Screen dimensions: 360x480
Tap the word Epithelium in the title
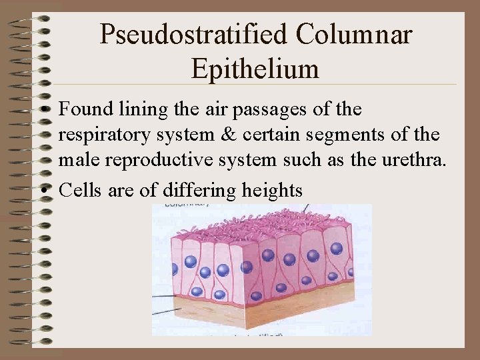[255, 68]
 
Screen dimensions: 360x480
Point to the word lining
[135, 109]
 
